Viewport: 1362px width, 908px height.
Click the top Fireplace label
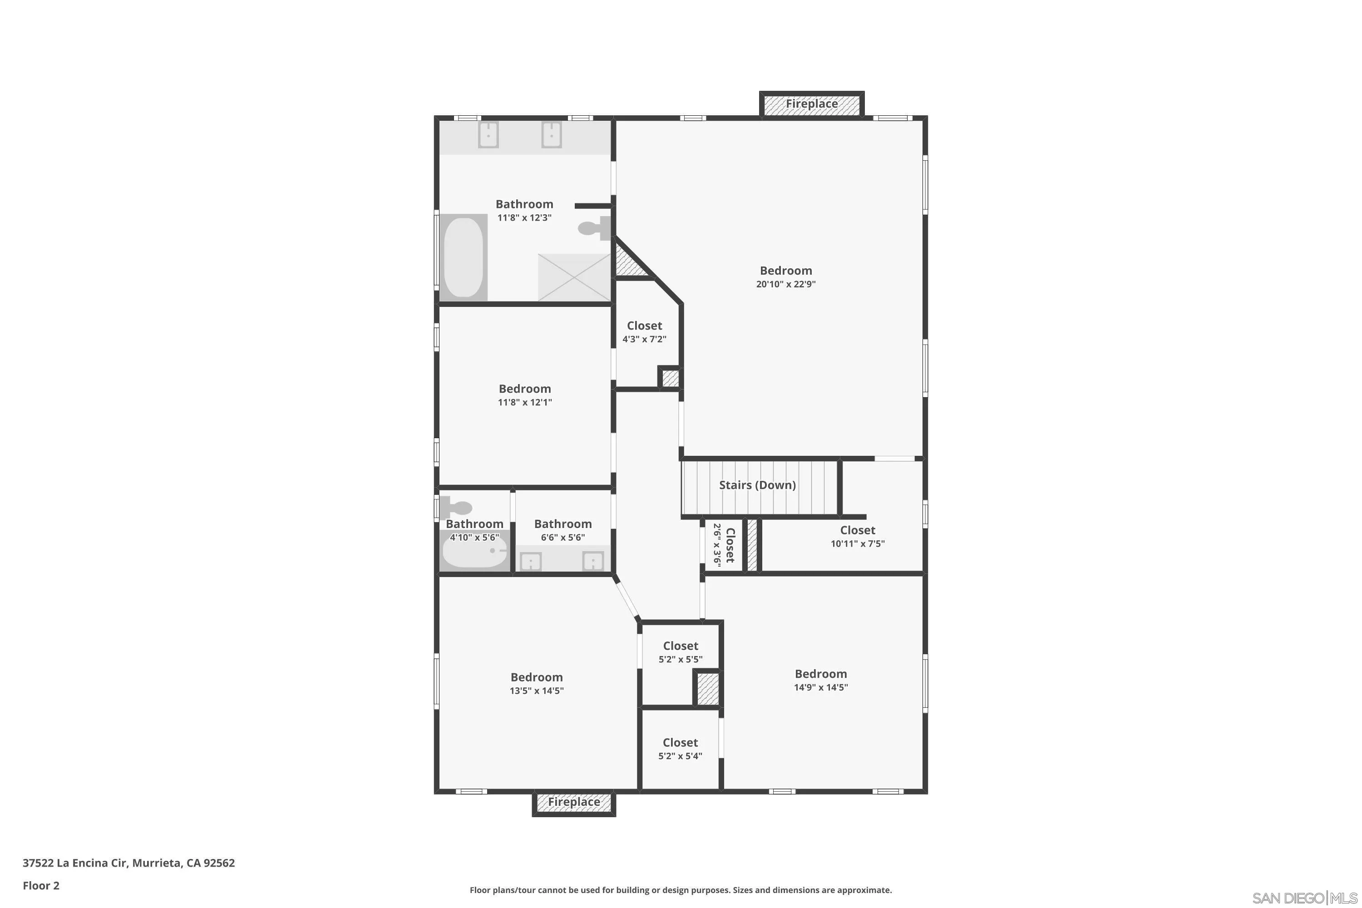coord(811,104)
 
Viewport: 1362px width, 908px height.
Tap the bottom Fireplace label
coord(573,802)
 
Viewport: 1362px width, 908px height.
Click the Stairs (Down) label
coord(757,485)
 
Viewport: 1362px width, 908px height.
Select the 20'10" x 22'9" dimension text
coord(785,284)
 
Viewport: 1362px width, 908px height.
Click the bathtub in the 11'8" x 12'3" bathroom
coord(463,257)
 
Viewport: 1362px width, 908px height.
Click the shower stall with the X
coord(574,277)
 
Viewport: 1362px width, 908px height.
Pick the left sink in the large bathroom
coord(488,135)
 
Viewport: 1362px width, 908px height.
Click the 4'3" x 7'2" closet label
coord(644,332)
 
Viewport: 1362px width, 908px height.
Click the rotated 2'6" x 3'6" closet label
coord(724,545)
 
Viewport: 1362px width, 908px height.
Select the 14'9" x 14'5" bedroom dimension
coord(820,687)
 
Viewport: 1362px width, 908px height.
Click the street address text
coord(128,863)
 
